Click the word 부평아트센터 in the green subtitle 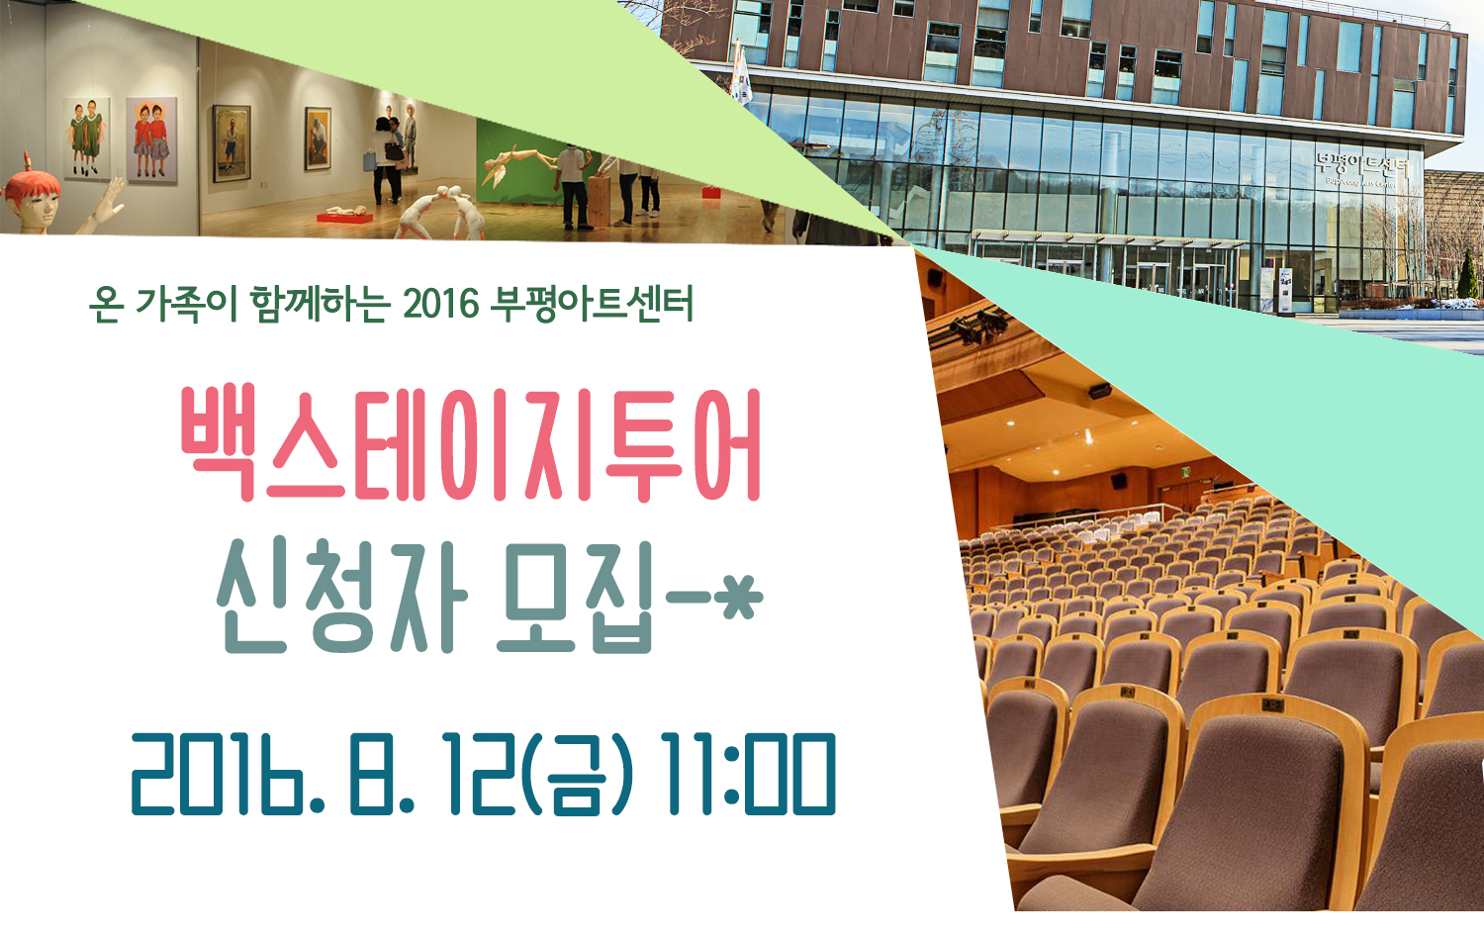(x=592, y=304)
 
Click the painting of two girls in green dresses (x=86, y=139)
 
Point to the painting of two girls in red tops (x=151, y=141)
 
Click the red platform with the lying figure (x=344, y=216)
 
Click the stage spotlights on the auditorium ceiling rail (x=978, y=326)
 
